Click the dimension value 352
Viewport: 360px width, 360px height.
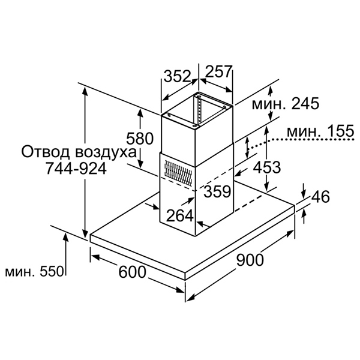pyautogui.click(x=178, y=76)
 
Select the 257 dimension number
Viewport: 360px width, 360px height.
pyautogui.click(x=218, y=71)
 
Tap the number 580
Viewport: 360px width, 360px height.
pyautogui.click(x=140, y=138)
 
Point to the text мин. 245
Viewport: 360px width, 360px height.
pyautogui.click(x=286, y=104)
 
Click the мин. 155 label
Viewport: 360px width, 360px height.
pyautogui.click(x=320, y=131)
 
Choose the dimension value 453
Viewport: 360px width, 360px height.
pyautogui.click(x=267, y=167)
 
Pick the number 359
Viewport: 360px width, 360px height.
pyautogui.click(x=217, y=191)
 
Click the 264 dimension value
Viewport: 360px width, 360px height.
pyautogui.click(x=180, y=215)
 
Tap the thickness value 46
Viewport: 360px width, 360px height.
pyautogui.click(x=320, y=197)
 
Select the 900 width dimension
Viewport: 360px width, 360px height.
pyautogui.click(x=250, y=260)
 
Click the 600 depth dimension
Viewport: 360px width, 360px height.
pyautogui.click(x=132, y=272)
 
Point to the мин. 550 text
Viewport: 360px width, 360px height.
pyautogui.click(x=34, y=272)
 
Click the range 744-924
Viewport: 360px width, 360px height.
pyautogui.click(x=76, y=168)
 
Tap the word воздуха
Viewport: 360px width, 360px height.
pyautogui.click(x=106, y=152)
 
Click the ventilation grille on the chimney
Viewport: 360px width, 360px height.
pyautogui.click(x=178, y=172)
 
